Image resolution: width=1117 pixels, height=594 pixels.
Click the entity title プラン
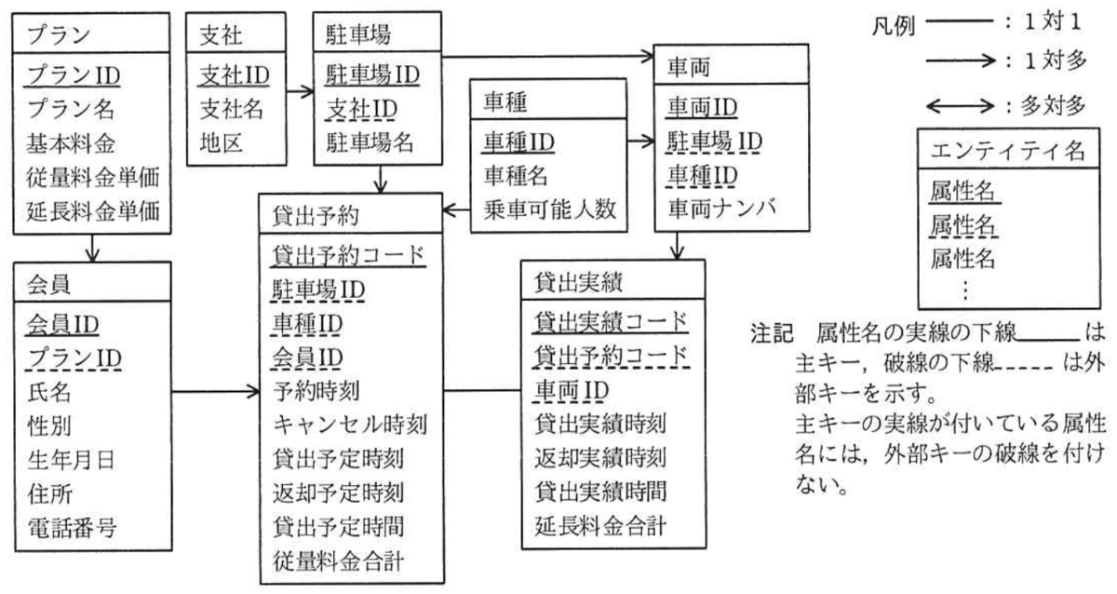[x=59, y=34]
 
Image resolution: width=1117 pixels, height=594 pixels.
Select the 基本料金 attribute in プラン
[x=71, y=144]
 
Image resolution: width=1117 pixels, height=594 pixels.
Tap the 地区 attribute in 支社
[x=221, y=143]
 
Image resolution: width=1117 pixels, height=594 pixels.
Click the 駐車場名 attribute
[x=370, y=142]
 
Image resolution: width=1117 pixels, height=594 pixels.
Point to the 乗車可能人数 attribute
[x=549, y=209]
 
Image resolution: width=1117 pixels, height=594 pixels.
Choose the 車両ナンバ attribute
[x=722, y=208]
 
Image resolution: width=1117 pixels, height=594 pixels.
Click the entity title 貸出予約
[x=316, y=216]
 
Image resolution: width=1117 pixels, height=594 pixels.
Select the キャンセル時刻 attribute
[x=350, y=425]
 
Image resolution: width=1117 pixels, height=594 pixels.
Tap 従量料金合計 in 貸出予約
[x=338, y=561]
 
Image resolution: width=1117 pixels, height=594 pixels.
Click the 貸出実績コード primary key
[x=611, y=322]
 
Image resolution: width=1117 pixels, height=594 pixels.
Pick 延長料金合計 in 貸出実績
[x=599, y=526]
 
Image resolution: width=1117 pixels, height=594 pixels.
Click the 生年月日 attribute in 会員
[x=71, y=460]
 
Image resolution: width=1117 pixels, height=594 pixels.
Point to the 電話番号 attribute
[x=72, y=528]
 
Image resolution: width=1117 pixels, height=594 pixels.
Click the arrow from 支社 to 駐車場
[x=300, y=92]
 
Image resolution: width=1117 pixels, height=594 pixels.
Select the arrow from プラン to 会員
[x=92, y=248]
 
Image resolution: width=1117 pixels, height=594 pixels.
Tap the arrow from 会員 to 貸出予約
[x=215, y=392]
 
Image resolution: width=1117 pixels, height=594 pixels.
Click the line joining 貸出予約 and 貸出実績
[x=482, y=390]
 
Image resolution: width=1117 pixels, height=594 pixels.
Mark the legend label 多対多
[x=1053, y=106]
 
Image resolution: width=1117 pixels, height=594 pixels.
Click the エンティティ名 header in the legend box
[x=1008, y=150]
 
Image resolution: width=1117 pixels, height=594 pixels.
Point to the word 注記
[x=772, y=333]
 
